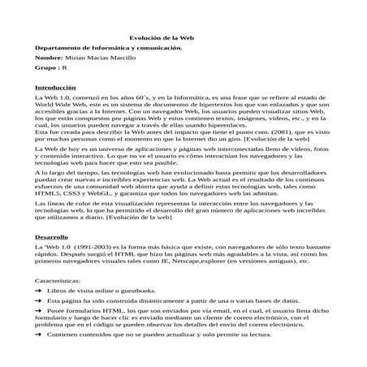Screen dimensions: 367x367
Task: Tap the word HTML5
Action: point(50,196)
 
